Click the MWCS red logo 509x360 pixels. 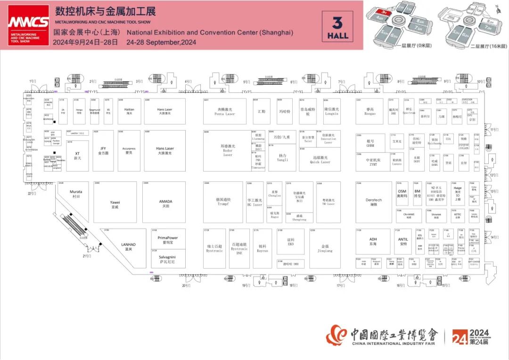click(28, 25)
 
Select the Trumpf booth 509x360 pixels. click(225, 202)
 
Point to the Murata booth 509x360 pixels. click(76, 194)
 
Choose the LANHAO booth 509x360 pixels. click(128, 246)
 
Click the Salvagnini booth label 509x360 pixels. click(167, 259)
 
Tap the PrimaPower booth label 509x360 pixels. click(167, 239)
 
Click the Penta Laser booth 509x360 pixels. click(225, 112)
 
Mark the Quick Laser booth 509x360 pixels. click(320, 160)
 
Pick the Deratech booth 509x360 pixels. click(374, 202)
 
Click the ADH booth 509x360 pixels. click(373, 241)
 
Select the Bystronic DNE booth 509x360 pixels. click(239, 248)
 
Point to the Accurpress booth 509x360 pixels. click(129, 151)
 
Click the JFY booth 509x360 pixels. click(103, 151)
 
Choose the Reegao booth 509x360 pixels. click(370, 111)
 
